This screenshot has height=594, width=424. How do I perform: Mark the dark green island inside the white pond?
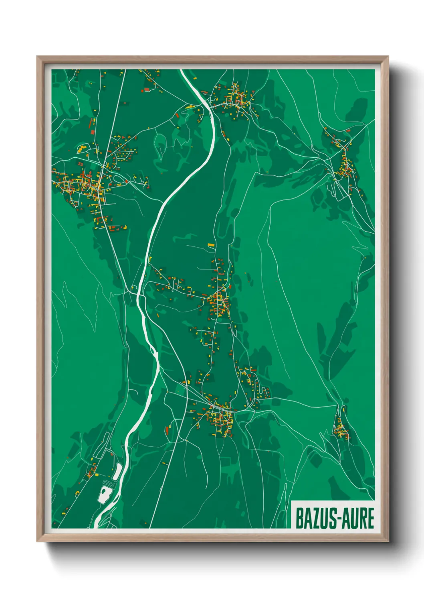click(105, 491)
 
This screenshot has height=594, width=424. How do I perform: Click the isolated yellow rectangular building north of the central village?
click(211, 244)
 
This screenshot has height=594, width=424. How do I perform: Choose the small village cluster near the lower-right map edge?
click(341, 429)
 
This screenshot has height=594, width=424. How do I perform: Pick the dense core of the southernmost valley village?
click(218, 417)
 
